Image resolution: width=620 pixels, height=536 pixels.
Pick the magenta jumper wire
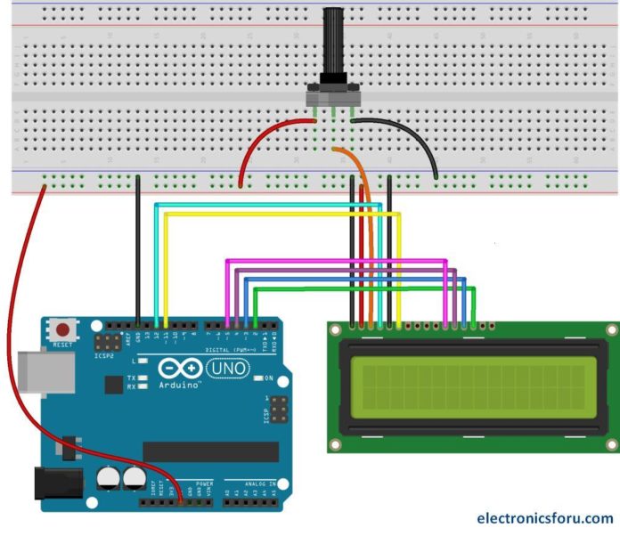click(x=339, y=261)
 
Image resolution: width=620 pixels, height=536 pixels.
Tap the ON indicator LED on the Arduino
click(x=258, y=377)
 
